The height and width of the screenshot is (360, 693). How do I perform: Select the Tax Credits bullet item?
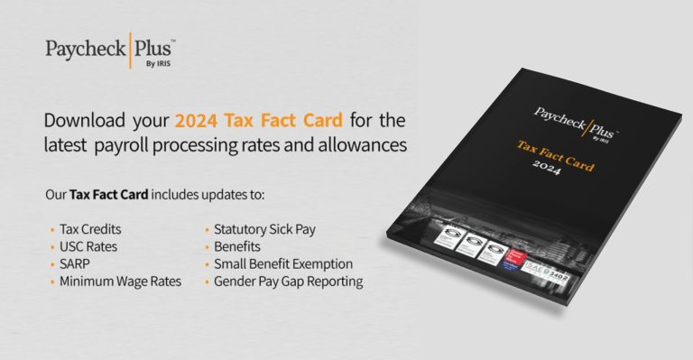pyautogui.click(x=94, y=230)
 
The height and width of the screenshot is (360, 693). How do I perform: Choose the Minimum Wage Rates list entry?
pyautogui.click(x=121, y=282)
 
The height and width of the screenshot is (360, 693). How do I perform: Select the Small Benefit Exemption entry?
pyautogui.click(x=282, y=263)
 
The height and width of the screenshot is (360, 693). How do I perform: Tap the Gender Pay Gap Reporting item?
pyautogui.click(x=288, y=282)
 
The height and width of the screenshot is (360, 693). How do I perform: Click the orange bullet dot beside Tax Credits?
pyautogui.click(x=52, y=230)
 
